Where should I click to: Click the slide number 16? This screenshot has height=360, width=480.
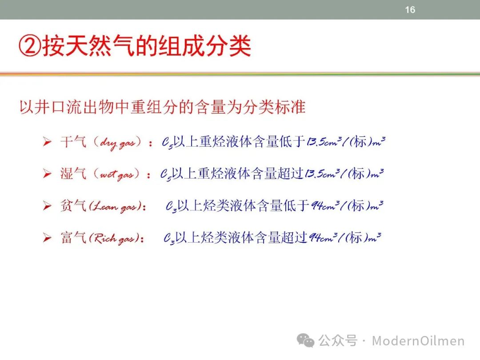pos(410,10)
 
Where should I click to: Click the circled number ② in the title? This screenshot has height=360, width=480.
pos(30,46)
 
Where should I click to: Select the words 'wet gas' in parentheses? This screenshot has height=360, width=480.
pos(116,175)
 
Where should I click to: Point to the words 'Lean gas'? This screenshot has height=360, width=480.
pos(115,207)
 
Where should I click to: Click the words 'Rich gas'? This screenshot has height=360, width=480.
pos(114,239)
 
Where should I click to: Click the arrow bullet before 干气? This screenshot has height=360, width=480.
pos(47,142)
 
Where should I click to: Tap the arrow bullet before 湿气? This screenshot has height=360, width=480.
pos(47,174)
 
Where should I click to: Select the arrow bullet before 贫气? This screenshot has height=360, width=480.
pos(47,205)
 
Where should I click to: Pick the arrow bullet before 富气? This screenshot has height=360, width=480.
pos(47,237)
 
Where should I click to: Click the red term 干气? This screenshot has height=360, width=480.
pos(73,142)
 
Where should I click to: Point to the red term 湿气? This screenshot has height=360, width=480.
pos(73,174)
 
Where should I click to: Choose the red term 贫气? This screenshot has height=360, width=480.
pos(73,205)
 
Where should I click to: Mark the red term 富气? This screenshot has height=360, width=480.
pos(73,237)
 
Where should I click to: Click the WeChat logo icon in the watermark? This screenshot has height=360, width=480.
pos(305,340)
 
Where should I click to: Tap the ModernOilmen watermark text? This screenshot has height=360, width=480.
pos(418,341)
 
